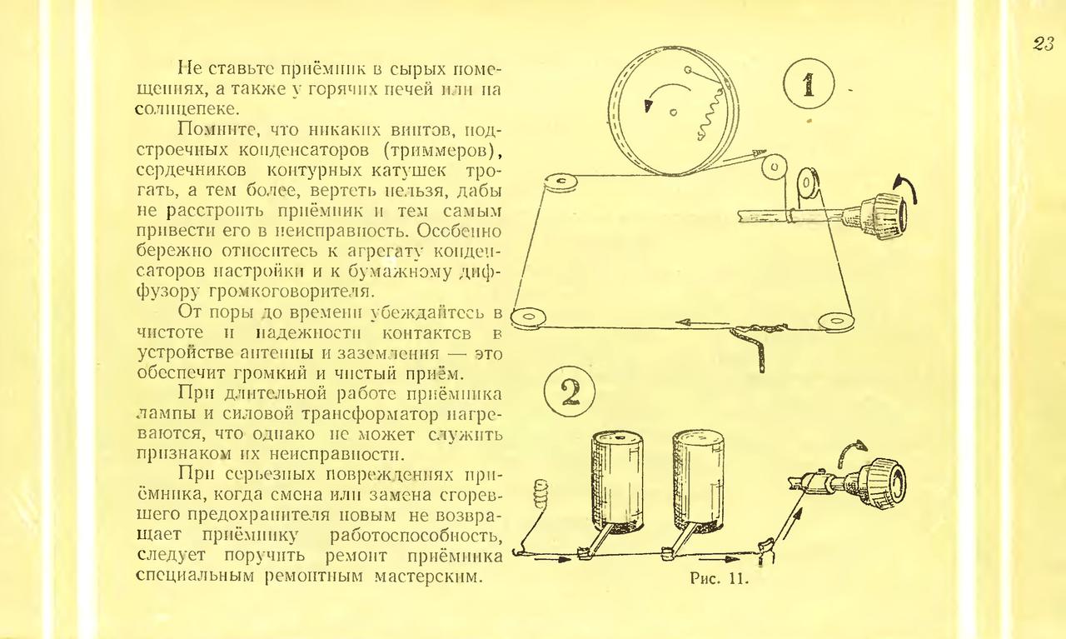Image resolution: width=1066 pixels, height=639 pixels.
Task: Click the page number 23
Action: click(x=1044, y=44)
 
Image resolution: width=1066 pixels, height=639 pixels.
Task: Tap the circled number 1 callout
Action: click(x=809, y=84)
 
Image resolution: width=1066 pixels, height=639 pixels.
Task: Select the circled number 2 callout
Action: click(x=570, y=392)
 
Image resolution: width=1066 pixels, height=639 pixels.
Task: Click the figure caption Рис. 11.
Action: click(x=719, y=578)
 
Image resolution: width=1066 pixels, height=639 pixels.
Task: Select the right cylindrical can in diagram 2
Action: click(x=698, y=481)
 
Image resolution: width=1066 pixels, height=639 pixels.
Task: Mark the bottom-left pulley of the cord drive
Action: click(x=528, y=317)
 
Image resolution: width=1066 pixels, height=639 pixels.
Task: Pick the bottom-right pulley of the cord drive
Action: click(x=835, y=321)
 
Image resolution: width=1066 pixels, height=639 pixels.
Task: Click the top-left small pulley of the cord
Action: click(x=560, y=182)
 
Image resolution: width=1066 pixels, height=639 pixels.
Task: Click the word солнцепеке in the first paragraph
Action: click(x=187, y=109)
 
